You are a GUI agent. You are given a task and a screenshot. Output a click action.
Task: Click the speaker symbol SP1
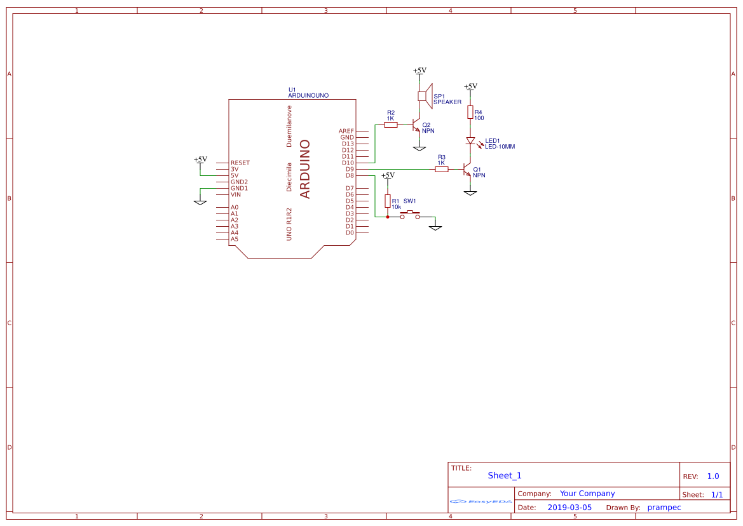425,96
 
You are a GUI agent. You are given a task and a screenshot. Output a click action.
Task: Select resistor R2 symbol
391,125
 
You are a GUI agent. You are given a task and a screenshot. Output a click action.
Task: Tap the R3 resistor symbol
442,169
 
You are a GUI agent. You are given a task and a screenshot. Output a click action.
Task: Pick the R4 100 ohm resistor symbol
470,112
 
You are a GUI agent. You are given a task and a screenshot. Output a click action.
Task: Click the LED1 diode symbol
470,140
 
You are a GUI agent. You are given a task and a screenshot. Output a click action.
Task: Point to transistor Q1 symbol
467,170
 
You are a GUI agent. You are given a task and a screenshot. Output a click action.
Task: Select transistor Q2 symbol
416,125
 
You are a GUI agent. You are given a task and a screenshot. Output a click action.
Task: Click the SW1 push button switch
410,215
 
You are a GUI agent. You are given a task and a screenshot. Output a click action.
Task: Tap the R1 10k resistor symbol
388,201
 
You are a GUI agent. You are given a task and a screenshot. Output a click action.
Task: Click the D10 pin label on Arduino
348,163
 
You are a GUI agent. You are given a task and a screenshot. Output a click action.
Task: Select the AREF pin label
346,131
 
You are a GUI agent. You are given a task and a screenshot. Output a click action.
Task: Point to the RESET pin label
240,163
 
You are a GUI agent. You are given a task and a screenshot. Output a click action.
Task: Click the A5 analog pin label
235,239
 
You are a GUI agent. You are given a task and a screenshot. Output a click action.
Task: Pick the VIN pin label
236,194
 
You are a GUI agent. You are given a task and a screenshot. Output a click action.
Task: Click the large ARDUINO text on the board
305,169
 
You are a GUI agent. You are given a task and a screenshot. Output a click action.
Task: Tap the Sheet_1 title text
505,475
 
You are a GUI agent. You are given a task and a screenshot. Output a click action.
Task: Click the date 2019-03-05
569,508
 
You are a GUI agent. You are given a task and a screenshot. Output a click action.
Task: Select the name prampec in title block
664,508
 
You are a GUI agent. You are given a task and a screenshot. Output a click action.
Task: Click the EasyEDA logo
481,501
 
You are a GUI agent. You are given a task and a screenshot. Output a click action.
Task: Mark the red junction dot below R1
388,217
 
